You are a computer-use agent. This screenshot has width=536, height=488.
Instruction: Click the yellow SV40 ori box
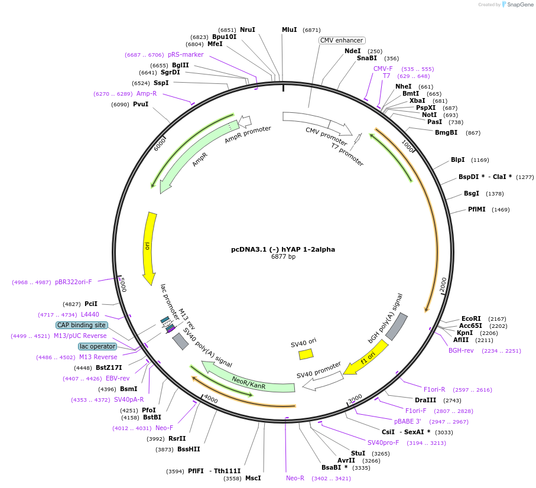click(x=306, y=354)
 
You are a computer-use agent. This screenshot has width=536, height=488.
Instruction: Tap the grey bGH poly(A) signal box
click(x=396, y=326)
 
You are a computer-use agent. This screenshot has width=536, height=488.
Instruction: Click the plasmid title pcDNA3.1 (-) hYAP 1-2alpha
click(x=283, y=249)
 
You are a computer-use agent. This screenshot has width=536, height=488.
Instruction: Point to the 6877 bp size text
click(x=283, y=256)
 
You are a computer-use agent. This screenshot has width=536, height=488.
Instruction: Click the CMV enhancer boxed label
click(x=342, y=40)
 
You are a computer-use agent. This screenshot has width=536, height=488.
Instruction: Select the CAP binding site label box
click(x=82, y=325)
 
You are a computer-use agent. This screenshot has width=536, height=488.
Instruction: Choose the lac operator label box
click(x=98, y=346)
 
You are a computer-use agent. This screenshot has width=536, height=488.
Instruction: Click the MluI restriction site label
click(x=290, y=30)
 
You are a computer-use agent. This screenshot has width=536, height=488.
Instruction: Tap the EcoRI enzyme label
click(x=471, y=318)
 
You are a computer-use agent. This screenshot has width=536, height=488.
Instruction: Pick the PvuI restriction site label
click(x=141, y=105)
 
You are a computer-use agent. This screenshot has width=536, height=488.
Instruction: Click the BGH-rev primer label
click(x=461, y=350)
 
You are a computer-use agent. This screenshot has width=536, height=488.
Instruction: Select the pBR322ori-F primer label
click(x=73, y=282)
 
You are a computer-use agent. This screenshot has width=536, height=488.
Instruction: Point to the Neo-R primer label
click(x=295, y=478)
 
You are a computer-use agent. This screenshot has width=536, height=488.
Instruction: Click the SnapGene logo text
click(x=518, y=5)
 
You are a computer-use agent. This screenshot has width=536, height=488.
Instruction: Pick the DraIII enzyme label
click(x=425, y=400)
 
